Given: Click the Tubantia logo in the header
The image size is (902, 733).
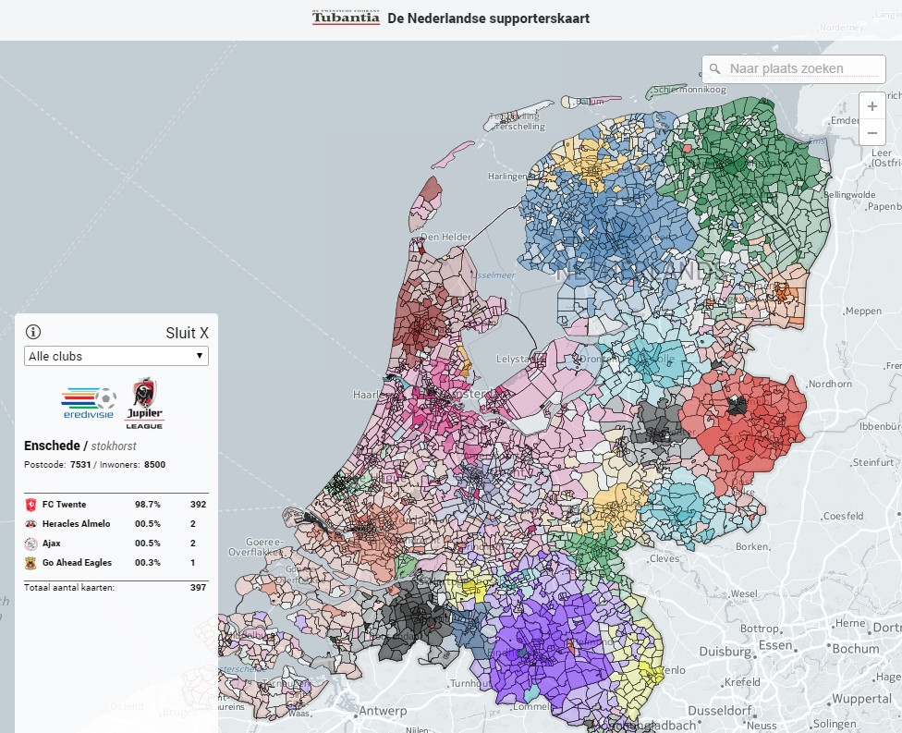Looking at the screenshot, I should (346, 18).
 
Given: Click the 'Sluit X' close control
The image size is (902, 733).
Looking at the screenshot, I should (187, 333).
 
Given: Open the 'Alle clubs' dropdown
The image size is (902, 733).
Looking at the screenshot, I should (116, 356).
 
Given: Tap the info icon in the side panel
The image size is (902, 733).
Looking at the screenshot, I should (33, 332).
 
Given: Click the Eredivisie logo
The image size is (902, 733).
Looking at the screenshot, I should (89, 402).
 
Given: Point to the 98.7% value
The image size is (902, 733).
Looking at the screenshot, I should (148, 505).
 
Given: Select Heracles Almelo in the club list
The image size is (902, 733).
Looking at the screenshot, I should (78, 524).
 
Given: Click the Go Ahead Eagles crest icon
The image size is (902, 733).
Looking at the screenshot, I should (30, 563).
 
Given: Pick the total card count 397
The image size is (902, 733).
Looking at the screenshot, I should (198, 587).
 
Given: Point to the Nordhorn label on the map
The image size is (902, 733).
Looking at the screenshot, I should (830, 384).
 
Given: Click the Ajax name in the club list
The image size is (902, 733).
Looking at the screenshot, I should (51, 544).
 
